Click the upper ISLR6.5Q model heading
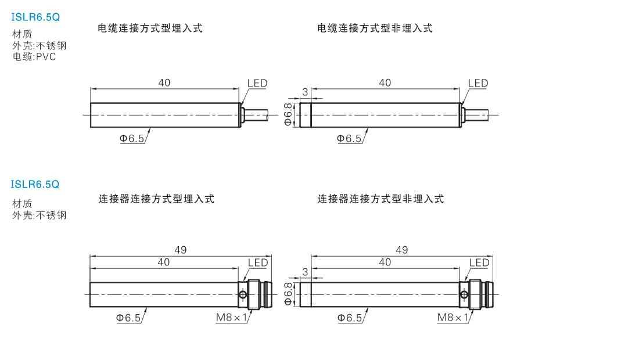(35, 17)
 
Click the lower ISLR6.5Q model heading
(35, 185)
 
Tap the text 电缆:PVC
(34, 56)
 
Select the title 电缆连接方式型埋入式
(150, 28)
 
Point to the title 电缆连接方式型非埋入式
(375, 28)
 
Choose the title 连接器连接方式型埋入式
(156, 199)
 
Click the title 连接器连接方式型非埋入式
(380, 199)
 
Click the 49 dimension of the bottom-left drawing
(181, 250)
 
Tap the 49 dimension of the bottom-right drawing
(402, 250)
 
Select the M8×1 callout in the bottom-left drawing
(231, 317)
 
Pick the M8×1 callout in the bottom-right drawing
(453, 317)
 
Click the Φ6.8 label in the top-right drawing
(288, 114)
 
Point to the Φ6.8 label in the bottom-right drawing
(288, 294)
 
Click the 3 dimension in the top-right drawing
(305, 92)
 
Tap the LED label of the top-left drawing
(257, 84)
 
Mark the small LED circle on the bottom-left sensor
(243, 294)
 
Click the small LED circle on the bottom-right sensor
(464, 294)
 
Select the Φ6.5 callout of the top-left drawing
(132, 138)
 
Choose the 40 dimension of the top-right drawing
(385, 82)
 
